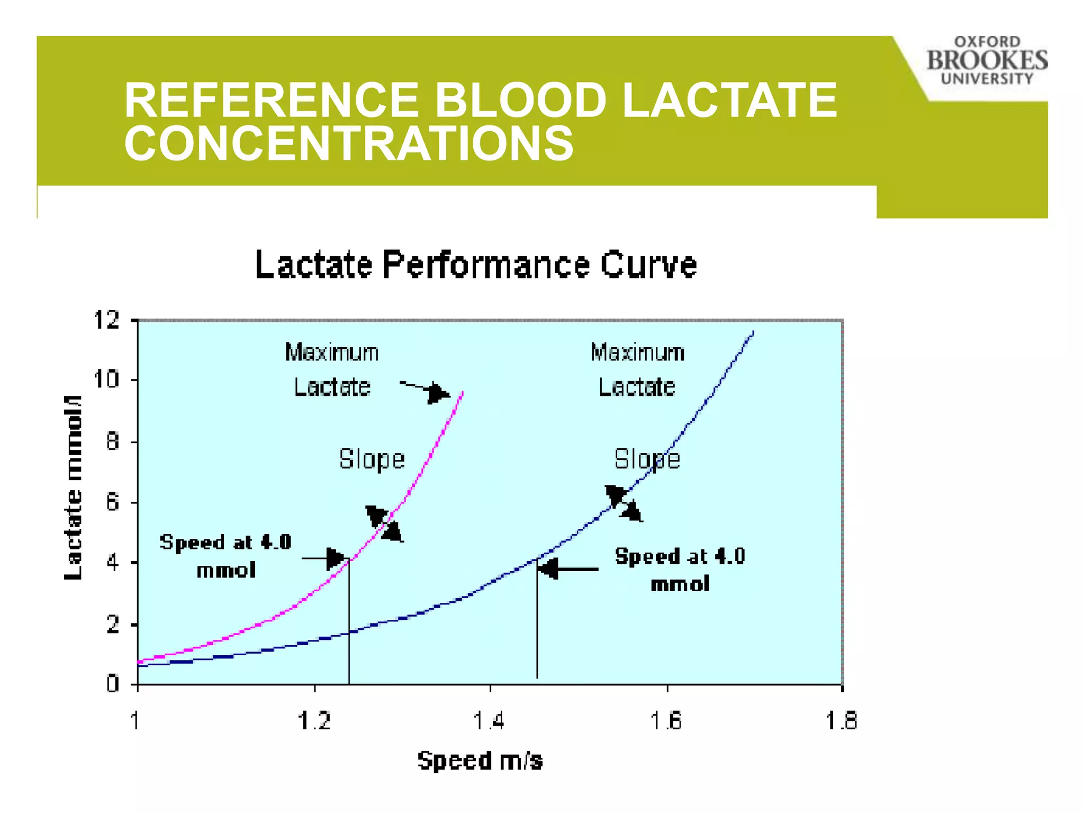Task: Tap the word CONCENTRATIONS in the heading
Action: [349, 143]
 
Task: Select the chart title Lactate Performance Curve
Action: [476, 265]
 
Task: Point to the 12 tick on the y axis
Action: [106, 320]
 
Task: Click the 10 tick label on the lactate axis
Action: [106, 380]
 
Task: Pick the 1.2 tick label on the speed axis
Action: [314, 720]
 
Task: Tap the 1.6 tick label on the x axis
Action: [666, 720]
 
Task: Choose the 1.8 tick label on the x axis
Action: [842, 720]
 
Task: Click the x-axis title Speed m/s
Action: [480, 761]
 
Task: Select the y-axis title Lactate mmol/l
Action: [73, 487]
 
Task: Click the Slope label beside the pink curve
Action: [372, 459]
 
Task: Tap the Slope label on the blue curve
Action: [647, 459]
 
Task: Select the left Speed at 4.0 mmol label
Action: [226, 556]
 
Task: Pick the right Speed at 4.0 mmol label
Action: [680, 570]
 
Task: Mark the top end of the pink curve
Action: [463, 393]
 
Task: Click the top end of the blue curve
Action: [753, 333]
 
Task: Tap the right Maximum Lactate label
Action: [637, 369]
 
